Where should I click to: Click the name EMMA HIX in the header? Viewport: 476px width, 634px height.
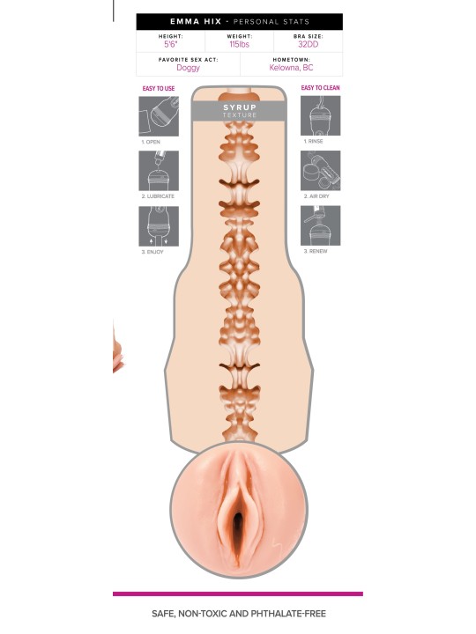[196, 21]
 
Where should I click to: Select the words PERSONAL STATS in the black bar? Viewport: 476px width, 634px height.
[271, 22]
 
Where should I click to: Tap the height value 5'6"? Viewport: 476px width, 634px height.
[170, 45]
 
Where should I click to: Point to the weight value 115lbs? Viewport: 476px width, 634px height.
[239, 45]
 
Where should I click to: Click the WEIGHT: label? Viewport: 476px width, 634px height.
[239, 36]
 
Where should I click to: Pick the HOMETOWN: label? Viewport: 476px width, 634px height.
[291, 60]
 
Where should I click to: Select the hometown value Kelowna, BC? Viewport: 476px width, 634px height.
[291, 68]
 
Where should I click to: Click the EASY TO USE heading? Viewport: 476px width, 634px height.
[159, 89]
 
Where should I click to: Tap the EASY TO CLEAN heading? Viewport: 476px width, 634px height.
[320, 88]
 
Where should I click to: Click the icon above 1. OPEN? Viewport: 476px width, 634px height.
[159, 116]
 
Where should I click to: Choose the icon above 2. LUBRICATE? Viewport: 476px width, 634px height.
[159, 171]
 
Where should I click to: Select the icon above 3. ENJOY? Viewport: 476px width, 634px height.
[159, 226]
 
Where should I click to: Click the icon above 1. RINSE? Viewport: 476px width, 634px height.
[320, 115]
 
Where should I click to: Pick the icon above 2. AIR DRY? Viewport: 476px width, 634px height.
[320, 170]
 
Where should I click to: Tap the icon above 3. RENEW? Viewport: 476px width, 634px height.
[320, 225]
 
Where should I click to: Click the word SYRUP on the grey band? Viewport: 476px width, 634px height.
[240, 107]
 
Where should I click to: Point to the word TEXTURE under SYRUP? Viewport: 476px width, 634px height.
[240, 115]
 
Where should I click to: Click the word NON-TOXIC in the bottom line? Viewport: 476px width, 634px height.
[212, 614]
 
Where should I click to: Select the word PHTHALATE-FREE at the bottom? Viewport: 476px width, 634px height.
[288, 614]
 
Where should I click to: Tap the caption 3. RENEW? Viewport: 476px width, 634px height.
[316, 251]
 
